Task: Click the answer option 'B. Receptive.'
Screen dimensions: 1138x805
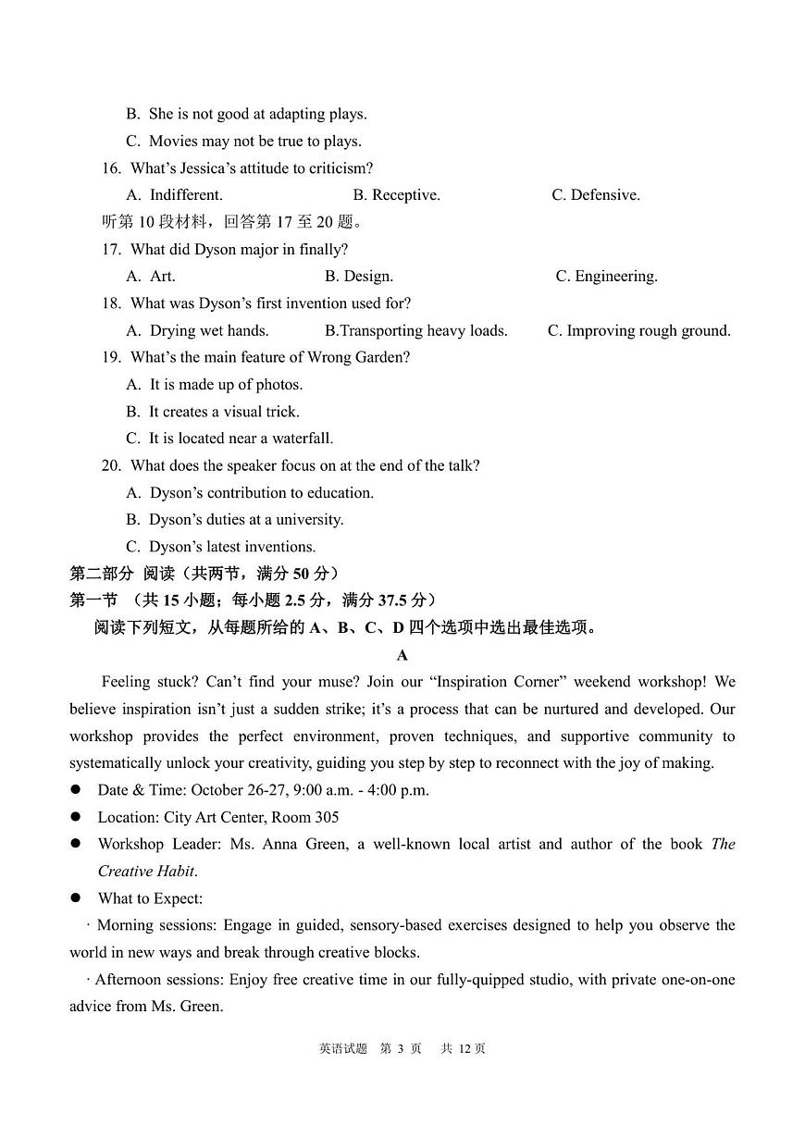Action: click(x=396, y=195)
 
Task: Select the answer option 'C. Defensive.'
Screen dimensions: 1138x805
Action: click(x=596, y=195)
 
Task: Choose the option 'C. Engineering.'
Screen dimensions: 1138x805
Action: click(x=606, y=276)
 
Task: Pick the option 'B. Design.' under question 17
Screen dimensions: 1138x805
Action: click(x=359, y=276)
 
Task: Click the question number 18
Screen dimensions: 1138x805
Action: click(x=111, y=303)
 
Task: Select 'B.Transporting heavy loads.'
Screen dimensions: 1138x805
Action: click(x=416, y=330)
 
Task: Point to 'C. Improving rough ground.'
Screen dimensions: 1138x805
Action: click(x=639, y=330)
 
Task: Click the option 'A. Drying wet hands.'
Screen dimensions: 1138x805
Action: click(x=197, y=330)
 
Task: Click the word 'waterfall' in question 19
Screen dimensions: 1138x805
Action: click(x=301, y=439)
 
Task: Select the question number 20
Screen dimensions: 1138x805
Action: click(x=111, y=466)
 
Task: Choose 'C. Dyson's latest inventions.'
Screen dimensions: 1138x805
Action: click(x=220, y=547)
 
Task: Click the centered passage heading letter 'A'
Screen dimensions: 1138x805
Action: click(x=402, y=655)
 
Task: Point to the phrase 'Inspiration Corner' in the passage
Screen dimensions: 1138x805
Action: click(x=496, y=682)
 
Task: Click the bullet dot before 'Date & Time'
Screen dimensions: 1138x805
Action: click(x=76, y=790)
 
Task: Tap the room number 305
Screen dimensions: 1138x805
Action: click(x=326, y=817)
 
